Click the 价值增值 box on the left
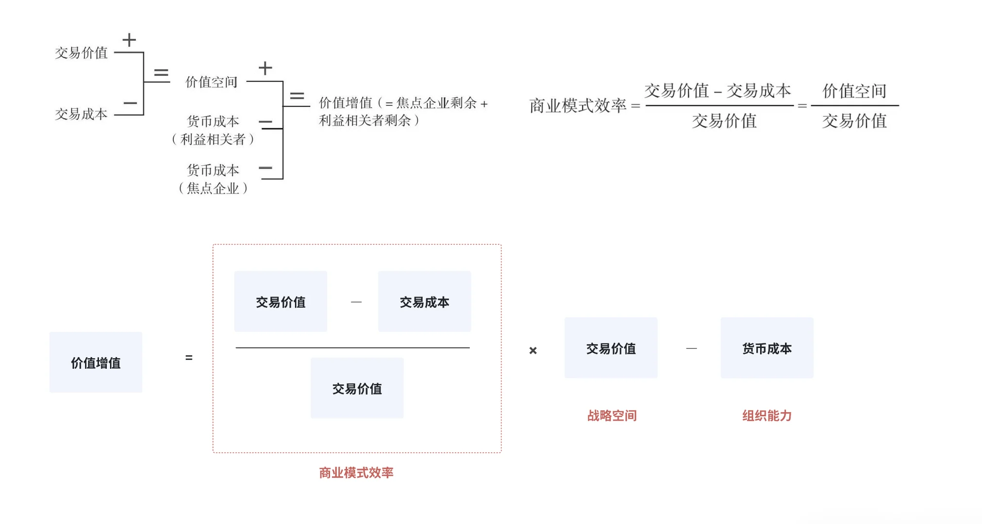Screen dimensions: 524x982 [96, 362]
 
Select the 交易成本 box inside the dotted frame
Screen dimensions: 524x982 [424, 302]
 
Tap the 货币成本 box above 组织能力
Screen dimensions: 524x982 [766, 348]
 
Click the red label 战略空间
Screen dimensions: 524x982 [612, 415]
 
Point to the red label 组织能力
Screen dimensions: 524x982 [766, 415]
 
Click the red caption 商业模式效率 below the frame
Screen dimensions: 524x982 [356, 472]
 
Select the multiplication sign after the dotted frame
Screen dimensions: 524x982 [533, 350]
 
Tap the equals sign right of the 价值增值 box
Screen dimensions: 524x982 [189, 358]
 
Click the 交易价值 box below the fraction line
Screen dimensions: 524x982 [357, 388]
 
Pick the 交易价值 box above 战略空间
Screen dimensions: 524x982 [611, 348]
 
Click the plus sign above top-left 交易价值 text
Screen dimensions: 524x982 [129, 40]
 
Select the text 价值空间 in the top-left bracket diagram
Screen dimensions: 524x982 [211, 82]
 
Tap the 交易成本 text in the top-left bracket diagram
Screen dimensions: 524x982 [81, 114]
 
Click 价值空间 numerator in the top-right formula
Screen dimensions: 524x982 [854, 91]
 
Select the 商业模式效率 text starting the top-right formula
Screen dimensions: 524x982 [578, 105]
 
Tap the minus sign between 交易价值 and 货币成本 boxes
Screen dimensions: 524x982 [691, 348]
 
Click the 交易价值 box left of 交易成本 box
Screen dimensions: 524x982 [281, 302]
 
